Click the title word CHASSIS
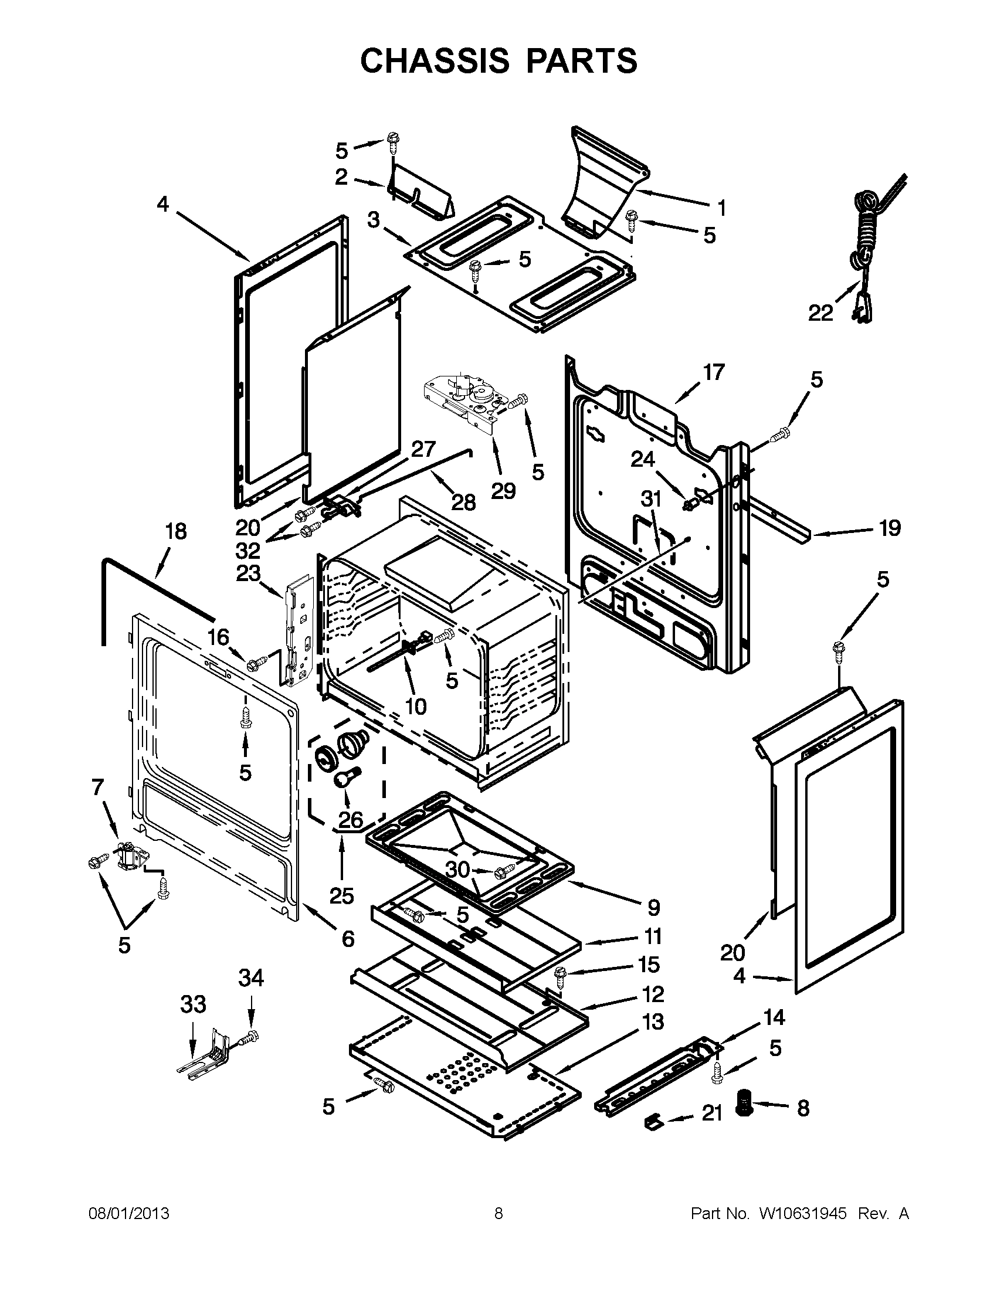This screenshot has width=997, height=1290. coord(435,60)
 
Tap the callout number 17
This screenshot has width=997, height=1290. coord(714,373)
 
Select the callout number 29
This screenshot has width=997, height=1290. coord(503,490)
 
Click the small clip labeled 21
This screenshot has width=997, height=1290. coord(652,1121)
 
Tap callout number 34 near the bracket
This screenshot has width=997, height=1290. coord(251,978)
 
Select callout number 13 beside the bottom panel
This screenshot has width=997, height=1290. coord(652,1021)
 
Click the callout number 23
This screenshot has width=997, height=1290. coord(249,573)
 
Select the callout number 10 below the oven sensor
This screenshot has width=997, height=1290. coord(416,706)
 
